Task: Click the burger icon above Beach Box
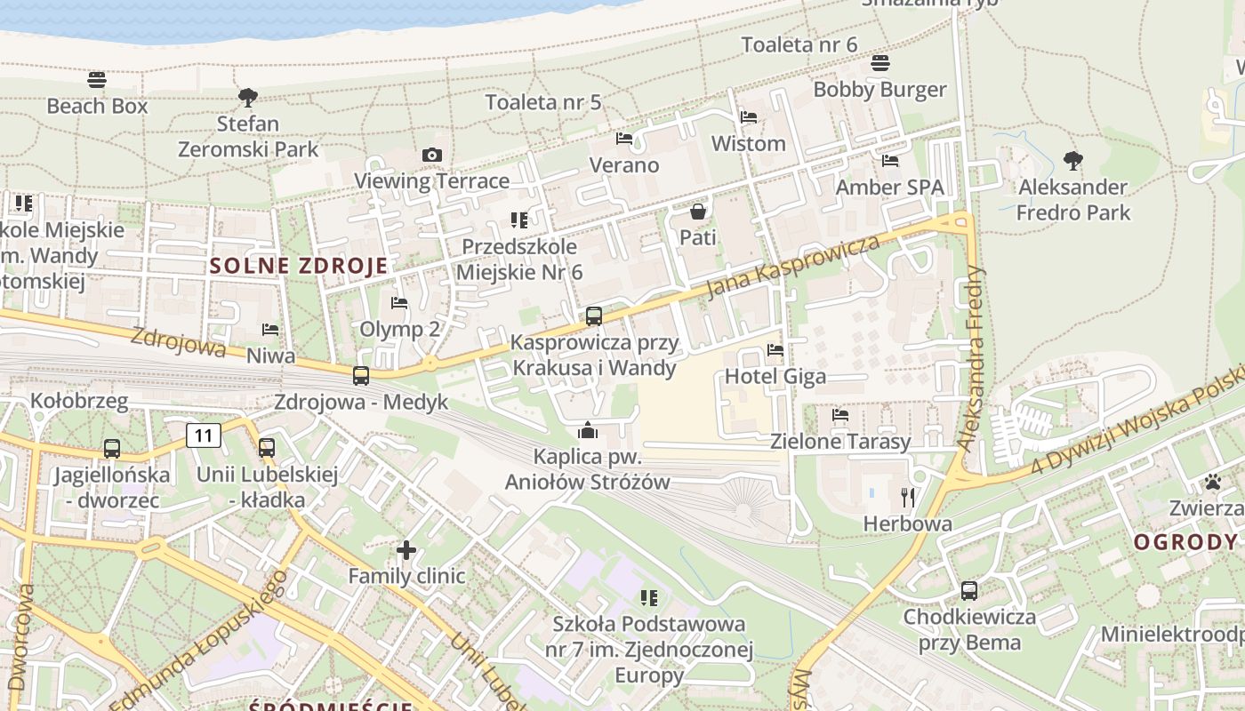tap(97, 80)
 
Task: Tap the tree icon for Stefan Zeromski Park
tap(248, 97)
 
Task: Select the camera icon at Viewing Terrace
tap(432, 156)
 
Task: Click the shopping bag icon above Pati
tap(698, 212)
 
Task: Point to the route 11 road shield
tap(204, 435)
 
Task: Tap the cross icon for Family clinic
tap(406, 550)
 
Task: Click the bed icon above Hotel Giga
tap(775, 350)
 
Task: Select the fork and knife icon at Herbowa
tap(908, 498)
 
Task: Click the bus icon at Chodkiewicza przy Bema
tap(969, 591)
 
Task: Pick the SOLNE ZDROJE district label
tap(300, 266)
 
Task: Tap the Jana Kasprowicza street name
tap(793, 266)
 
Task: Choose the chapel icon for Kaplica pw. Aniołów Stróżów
tap(588, 431)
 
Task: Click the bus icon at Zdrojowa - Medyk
tap(361, 376)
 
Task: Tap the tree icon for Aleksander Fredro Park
tap(1073, 161)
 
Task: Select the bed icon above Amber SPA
tap(890, 161)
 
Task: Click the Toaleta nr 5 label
tap(543, 102)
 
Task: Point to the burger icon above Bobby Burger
tap(880, 63)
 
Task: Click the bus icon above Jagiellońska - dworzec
tap(112, 449)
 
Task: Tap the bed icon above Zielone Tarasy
tap(840, 415)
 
